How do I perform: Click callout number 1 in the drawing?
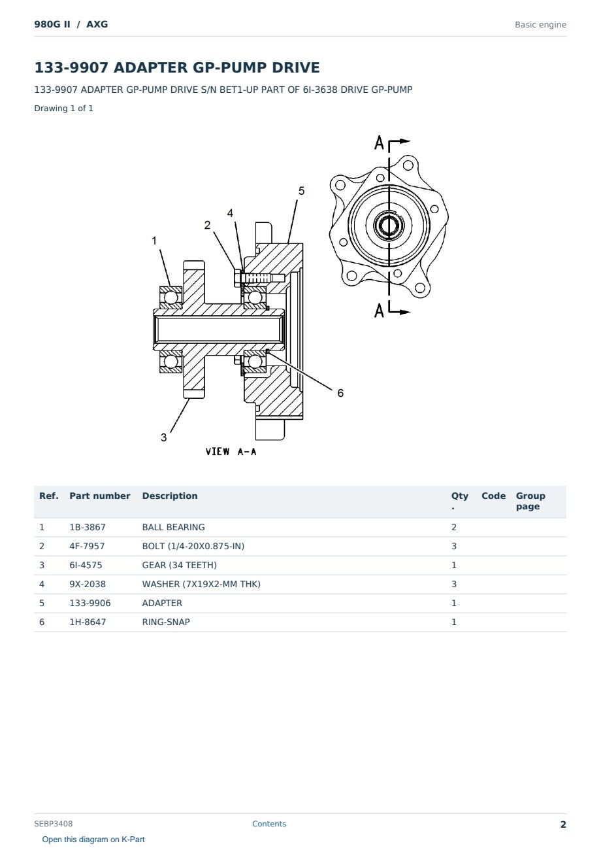coord(154,241)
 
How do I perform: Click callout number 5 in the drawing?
coord(301,191)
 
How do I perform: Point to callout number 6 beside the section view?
coord(340,393)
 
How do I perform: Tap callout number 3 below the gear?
coord(163,437)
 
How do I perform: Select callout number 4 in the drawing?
coord(230,213)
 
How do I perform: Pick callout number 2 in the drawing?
coord(207,225)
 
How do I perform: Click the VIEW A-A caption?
coord(231,452)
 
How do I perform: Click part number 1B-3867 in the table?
coord(88,527)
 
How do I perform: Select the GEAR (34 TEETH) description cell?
coord(180,565)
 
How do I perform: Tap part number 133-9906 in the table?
coord(90,603)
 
